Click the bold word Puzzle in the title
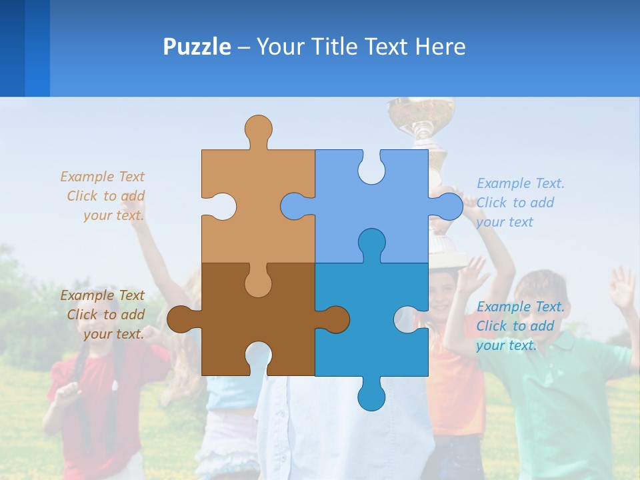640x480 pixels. click(197, 47)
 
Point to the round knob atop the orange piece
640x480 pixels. click(258, 128)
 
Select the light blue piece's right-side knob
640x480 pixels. click(450, 206)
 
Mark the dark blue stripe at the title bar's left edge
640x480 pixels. click(12, 48)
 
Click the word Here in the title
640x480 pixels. click(440, 47)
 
